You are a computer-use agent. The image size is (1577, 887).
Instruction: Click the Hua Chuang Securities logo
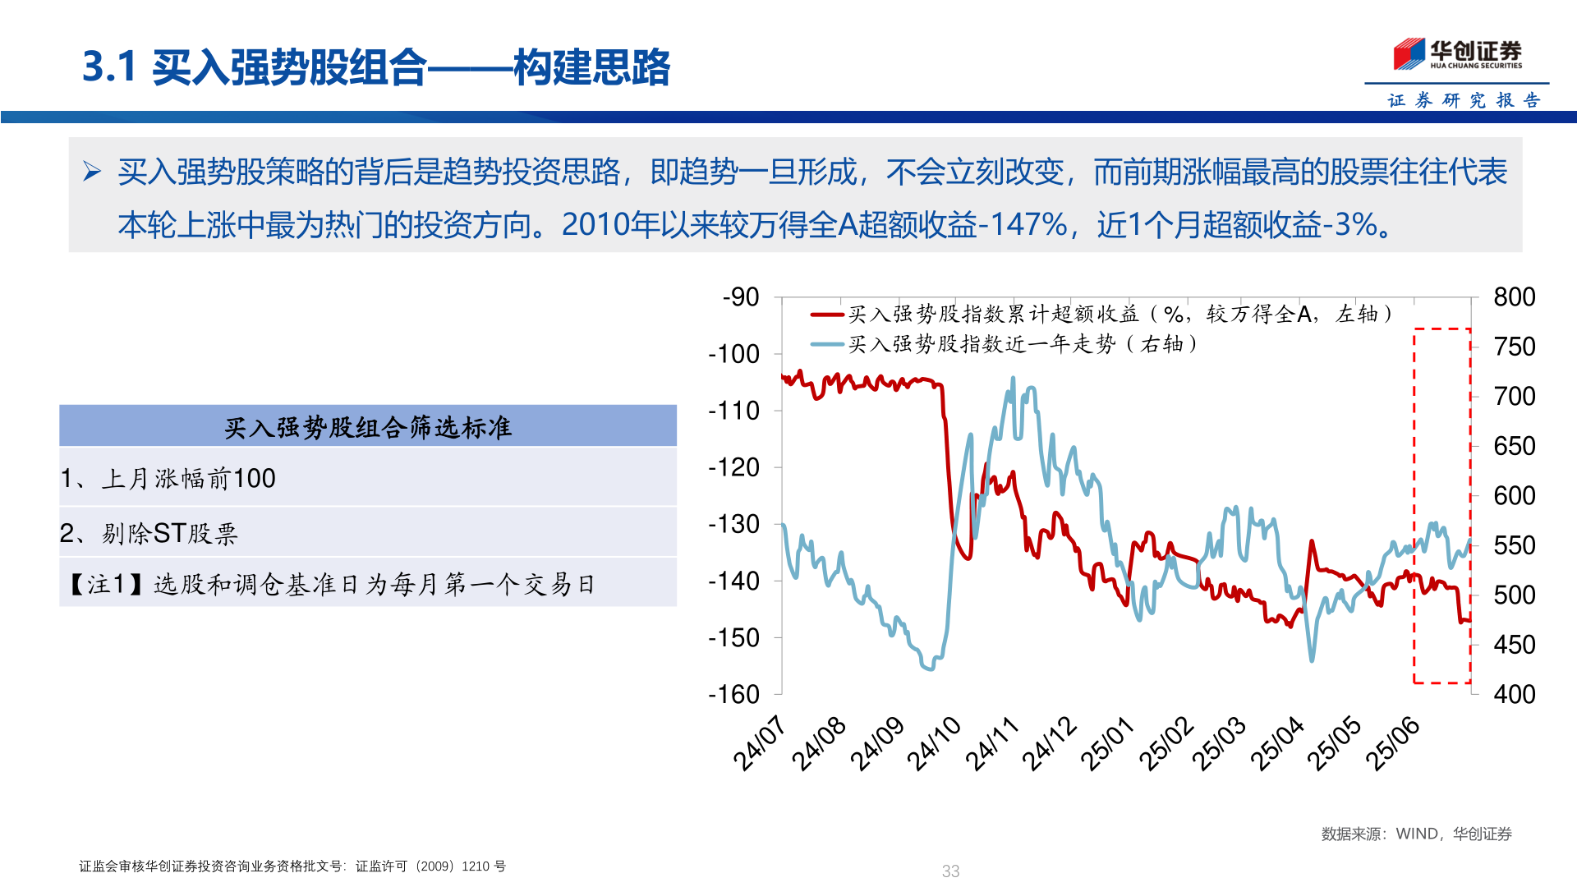pos(1457,54)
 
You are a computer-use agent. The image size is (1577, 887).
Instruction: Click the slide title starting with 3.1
pos(376,67)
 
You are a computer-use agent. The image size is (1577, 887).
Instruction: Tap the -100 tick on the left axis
pos(734,354)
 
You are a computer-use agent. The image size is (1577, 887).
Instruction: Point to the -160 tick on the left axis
pos(734,695)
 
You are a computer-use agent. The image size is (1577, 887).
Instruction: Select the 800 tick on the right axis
pos(1515,297)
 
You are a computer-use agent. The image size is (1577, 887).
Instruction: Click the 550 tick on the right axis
pos(1515,545)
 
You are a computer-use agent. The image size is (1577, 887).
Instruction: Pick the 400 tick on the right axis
pos(1515,695)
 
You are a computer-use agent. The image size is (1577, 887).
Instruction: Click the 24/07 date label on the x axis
pos(760,743)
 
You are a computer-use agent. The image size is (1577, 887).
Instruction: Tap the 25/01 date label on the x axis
pos(1107,743)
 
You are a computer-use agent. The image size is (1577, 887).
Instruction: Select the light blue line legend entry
pos(1023,344)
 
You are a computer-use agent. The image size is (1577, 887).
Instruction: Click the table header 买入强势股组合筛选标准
pos(368,427)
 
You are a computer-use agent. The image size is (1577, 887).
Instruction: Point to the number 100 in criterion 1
pos(255,479)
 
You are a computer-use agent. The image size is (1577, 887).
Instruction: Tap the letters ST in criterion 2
pos(170,534)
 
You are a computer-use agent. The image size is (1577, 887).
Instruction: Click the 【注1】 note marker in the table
pos(108,584)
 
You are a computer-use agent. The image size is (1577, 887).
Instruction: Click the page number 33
pos(950,871)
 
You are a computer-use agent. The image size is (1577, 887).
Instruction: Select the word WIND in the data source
pos(1417,834)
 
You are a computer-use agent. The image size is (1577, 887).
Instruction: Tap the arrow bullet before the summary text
pos(91,172)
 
